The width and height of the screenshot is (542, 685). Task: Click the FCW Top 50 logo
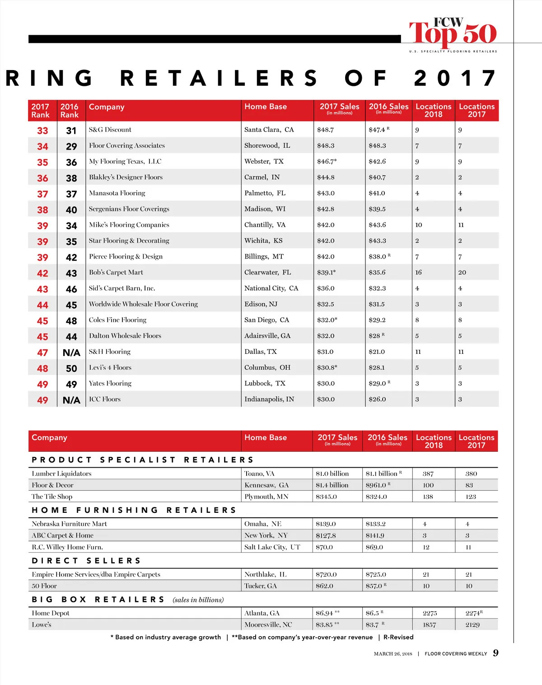pyautogui.click(x=453, y=34)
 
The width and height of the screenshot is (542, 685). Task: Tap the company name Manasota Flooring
pyautogui.click(x=117, y=193)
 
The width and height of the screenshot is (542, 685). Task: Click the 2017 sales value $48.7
pyautogui.click(x=325, y=130)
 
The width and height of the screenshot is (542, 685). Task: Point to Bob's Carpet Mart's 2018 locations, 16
pyautogui.click(x=418, y=272)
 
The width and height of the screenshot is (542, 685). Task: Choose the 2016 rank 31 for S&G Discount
pyautogui.click(x=71, y=131)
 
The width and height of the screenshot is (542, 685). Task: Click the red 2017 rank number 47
pyautogui.click(x=42, y=353)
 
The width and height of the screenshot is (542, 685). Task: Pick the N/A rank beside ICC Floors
pyautogui.click(x=71, y=400)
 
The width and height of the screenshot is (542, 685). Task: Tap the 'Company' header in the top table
pyautogui.click(x=107, y=107)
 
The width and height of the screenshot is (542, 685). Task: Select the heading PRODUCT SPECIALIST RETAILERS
pyautogui.click(x=143, y=460)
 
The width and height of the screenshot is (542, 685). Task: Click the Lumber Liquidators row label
pyautogui.click(x=61, y=474)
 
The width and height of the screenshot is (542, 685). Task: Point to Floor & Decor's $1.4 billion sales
pyautogui.click(x=332, y=485)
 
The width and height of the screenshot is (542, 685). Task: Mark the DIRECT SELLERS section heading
pyautogui.click(x=86, y=561)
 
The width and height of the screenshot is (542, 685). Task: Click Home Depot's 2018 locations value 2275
pyautogui.click(x=430, y=614)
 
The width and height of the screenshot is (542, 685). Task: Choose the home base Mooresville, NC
pyautogui.click(x=268, y=625)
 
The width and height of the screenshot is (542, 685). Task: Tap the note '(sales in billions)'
pyautogui.click(x=198, y=600)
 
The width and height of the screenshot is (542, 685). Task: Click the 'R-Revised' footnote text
pyautogui.click(x=398, y=637)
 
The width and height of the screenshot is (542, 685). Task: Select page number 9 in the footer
pyautogui.click(x=495, y=653)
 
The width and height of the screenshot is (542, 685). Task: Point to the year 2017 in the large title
pyautogui.click(x=455, y=78)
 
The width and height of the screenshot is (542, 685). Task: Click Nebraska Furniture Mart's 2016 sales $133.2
pyautogui.click(x=376, y=524)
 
